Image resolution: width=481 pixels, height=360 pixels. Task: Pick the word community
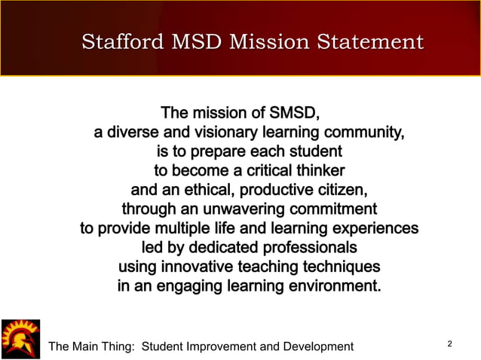(360, 133)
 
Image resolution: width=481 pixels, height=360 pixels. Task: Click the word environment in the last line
(329, 286)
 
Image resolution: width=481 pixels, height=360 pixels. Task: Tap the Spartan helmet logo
(20, 339)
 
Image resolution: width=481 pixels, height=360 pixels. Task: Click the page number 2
(449, 344)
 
